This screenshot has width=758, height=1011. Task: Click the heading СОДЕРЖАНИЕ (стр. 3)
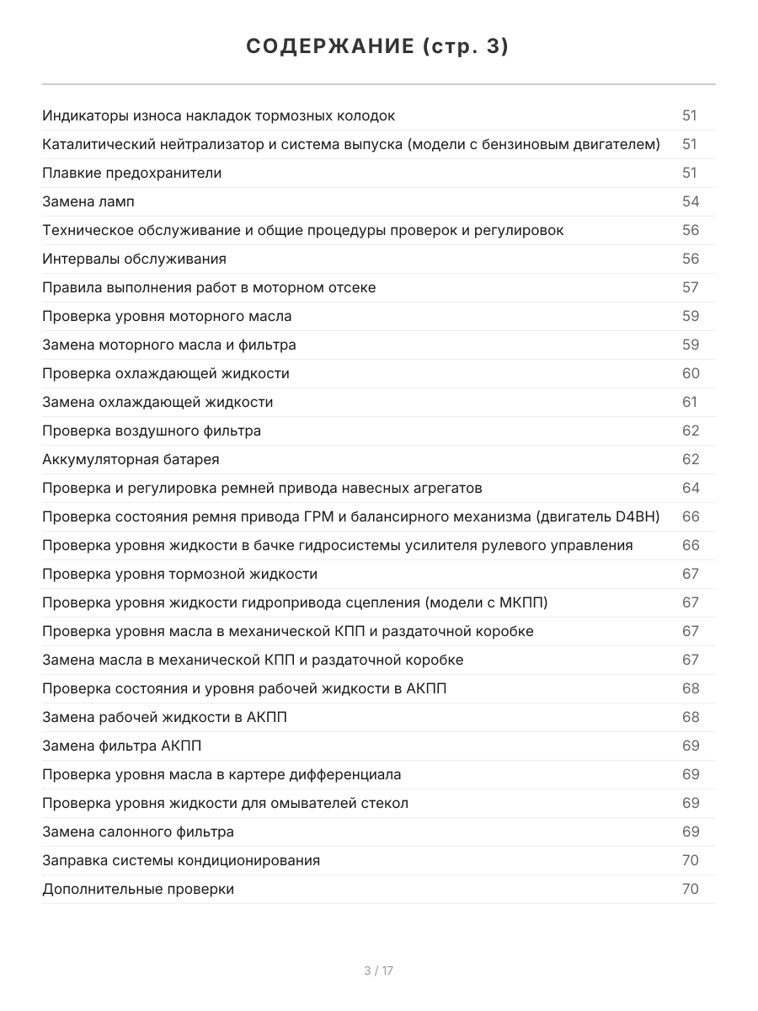(x=378, y=47)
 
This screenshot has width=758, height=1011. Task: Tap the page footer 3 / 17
(x=378, y=971)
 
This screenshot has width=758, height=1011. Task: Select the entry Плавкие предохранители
(x=131, y=173)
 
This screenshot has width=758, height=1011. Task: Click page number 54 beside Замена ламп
(x=690, y=201)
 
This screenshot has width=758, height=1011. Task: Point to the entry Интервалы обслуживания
(x=134, y=259)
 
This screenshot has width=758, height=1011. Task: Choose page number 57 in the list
(x=690, y=287)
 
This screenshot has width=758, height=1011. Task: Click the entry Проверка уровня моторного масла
(x=167, y=316)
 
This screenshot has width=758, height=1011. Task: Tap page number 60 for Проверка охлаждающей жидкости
(x=690, y=373)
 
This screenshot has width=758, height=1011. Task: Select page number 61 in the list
(x=690, y=402)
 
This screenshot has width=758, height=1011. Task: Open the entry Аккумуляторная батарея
(x=131, y=459)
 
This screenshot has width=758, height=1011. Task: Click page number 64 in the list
(x=690, y=488)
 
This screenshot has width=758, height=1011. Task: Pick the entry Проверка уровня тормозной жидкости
(x=179, y=574)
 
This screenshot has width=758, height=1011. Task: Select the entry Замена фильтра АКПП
(x=121, y=746)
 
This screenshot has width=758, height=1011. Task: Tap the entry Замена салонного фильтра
(x=138, y=832)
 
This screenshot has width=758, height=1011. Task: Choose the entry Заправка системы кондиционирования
(x=181, y=860)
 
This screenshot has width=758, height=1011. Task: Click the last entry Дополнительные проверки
(x=138, y=889)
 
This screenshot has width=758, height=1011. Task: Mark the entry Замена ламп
(x=88, y=201)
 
